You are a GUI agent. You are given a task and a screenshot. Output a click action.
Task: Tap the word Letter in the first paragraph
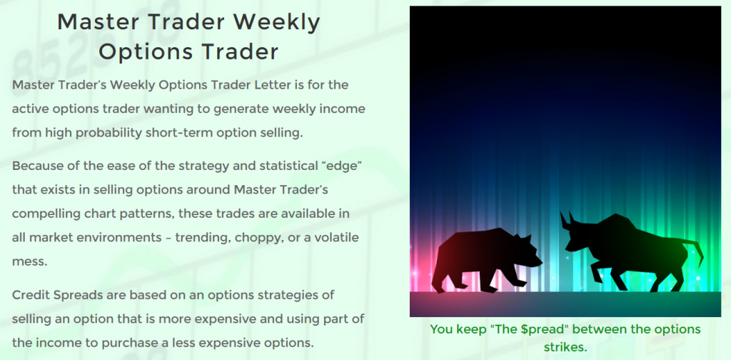pos(272,85)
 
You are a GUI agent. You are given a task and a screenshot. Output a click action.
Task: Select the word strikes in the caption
pos(565,347)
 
